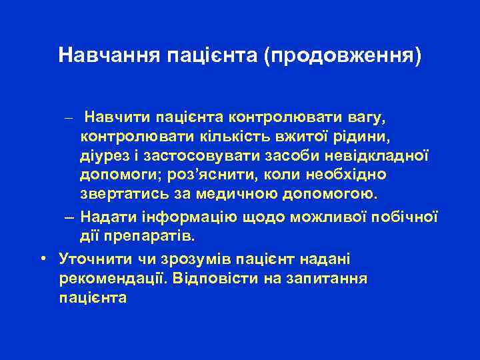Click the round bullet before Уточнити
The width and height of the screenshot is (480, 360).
tap(42, 257)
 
